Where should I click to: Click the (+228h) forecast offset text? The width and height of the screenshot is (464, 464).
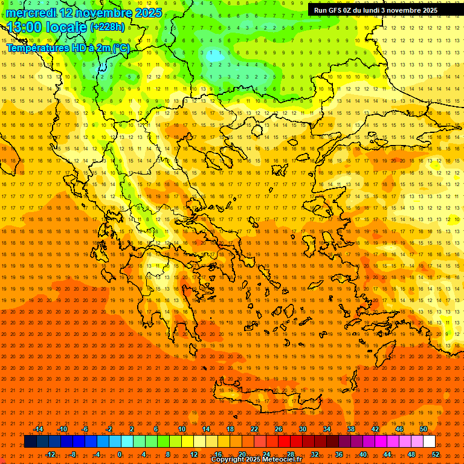coord(108,27)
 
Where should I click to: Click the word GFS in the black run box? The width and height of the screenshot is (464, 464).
coord(337,10)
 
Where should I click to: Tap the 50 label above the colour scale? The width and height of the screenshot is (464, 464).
coord(424,429)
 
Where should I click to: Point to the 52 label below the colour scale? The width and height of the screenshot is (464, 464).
coord(436,454)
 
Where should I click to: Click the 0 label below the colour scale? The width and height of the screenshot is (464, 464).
coord(120,454)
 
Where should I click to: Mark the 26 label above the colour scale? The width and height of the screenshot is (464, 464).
coord(279,429)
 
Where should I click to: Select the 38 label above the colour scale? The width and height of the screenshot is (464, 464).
coord(351,429)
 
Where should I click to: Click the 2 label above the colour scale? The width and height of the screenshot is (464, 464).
coord(132,429)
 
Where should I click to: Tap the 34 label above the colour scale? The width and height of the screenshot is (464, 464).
coord(327,429)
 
